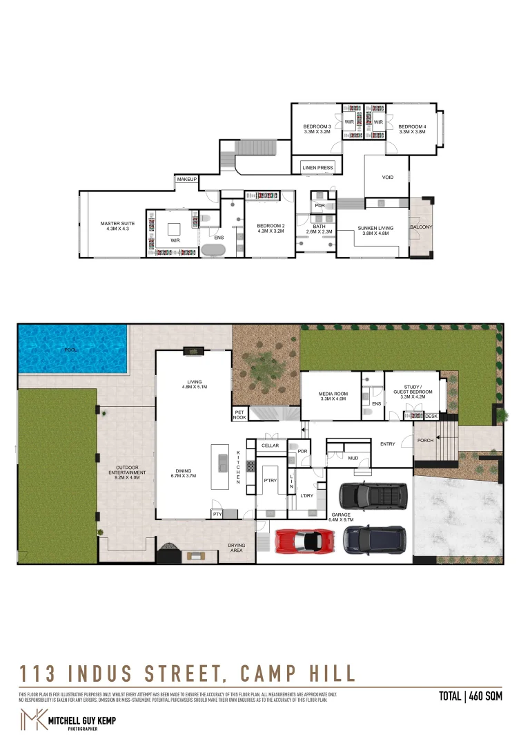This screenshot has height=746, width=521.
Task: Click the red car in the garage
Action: [x=306, y=540]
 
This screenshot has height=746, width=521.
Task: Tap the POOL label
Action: [x=70, y=350]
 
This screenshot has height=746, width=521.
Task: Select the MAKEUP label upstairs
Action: [x=187, y=180]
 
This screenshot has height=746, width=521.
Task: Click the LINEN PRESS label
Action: [x=317, y=168]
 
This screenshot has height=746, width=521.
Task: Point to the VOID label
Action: [x=388, y=178]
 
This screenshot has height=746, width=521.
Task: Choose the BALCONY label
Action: [x=421, y=227]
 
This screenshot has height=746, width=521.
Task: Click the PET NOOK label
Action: [x=239, y=415]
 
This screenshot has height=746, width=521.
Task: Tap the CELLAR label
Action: [x=270, y=446]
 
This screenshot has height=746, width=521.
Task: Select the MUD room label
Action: [x=353, y=458]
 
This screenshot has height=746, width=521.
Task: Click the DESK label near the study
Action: [x=431, y=416]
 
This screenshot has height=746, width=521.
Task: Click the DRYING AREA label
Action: [x=237, y=548]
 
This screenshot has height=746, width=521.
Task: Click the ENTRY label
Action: [x=388, y=444]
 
